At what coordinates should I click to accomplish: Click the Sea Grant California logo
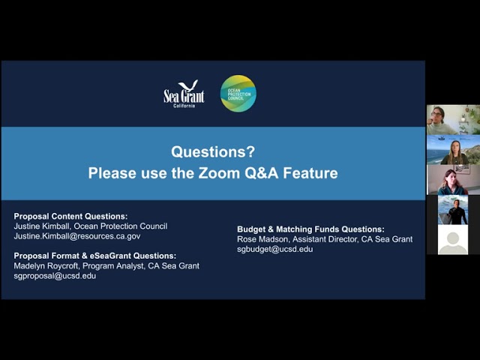[x=183, y=94]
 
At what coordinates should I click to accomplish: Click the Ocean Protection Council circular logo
[x=238, y=94]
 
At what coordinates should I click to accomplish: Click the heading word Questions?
[x=213, y=151]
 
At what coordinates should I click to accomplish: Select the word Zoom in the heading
[x=240, y=173]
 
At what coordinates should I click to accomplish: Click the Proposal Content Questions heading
[x=70, y=216]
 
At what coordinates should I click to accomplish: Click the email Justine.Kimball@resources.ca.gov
[x=76, y=235]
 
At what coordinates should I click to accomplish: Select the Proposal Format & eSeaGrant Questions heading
[x=94, y=256]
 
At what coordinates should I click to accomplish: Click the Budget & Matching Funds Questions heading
[x=310, y=229]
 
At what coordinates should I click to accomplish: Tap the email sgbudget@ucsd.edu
[x=274, y=249]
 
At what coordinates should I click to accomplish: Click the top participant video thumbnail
[x=453, y=119]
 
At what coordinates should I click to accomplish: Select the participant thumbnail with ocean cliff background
[x=453, y=149]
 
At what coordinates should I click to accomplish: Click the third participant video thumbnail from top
[x=453, y=180]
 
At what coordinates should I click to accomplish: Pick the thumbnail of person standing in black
[x=453, y=210]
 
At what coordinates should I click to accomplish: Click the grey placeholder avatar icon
[x=453, y=240]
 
